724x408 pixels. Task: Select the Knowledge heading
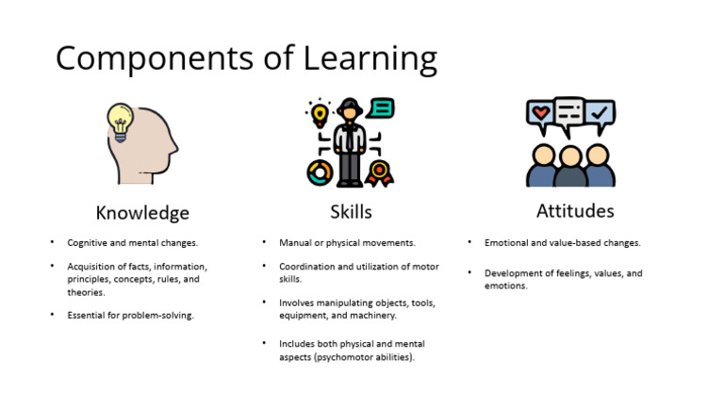tap(142, 212)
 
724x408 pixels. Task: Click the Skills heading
tap(350, 211)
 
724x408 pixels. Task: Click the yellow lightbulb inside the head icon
tap(120, 121)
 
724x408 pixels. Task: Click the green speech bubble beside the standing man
tap(382, 107)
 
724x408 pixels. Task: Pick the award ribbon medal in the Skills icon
tap(379, 172)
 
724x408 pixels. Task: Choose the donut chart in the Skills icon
tap(319, 171)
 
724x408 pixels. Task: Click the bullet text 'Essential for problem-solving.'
tap(130, 315)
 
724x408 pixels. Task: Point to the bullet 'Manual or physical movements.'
tap(347, 242)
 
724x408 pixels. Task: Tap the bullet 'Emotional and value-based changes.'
tap(563, 242)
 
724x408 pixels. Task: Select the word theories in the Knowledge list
tap(86, 292)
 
